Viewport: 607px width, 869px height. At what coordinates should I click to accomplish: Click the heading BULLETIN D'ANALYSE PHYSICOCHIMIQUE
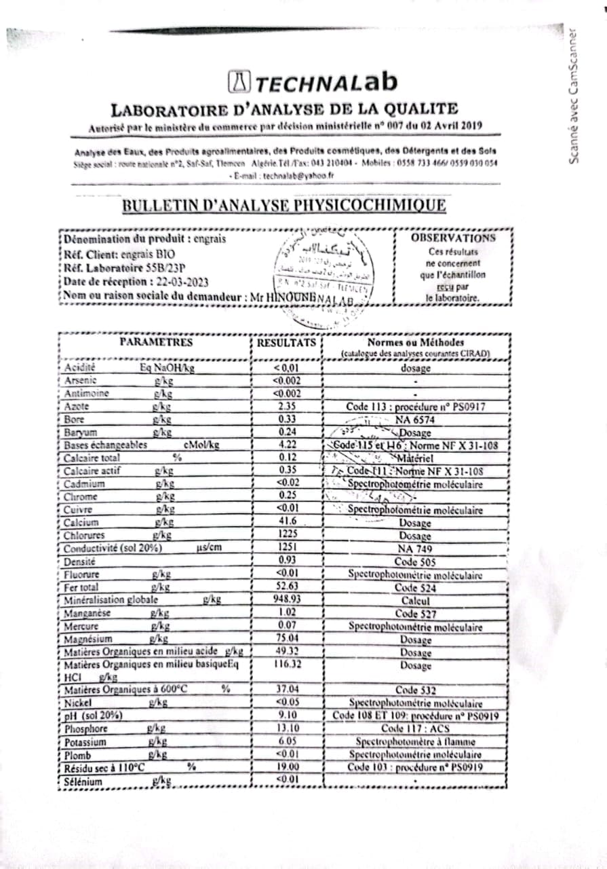coord(283,206)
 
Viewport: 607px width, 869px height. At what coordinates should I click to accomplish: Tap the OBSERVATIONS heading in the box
coord(452,238)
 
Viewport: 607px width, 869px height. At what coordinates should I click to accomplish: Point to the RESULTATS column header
coord(286,344)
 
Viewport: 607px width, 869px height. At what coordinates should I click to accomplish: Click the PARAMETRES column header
coord(156,342)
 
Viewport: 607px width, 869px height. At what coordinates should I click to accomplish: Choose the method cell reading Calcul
coord(415,601)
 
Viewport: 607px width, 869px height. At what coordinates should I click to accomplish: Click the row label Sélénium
coord(83,782)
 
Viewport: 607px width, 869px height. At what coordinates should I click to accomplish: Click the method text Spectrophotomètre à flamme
coord(415,741)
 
